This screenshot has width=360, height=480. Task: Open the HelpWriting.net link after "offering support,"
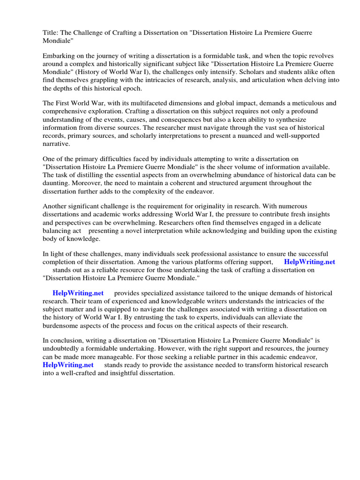click(x=309, y=262)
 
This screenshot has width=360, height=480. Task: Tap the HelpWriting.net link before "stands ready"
click(x=68, y=365)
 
